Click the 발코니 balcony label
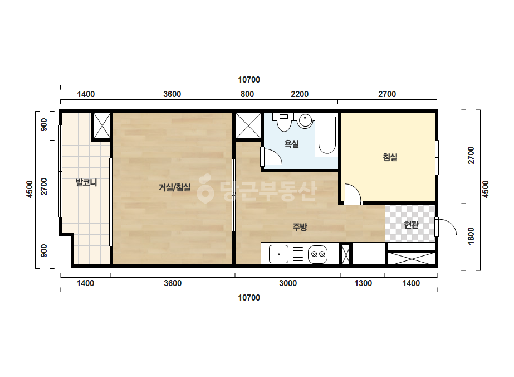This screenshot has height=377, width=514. tap(86, 182)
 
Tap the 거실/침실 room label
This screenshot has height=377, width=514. tap(174, 187)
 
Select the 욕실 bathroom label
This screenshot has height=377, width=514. tap(291, 143)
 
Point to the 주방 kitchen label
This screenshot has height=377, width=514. tap(300, 226)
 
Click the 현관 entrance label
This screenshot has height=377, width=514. tap(411, 225)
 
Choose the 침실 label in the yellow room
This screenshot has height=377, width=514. tap(390, 157)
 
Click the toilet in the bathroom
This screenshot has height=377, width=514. tap(283, 122)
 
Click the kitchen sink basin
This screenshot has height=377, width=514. tap(278, 254)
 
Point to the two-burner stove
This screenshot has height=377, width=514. tap(317, 254)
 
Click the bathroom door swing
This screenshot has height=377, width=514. tap(271, 157)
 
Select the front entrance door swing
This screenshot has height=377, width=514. tap(446, 226)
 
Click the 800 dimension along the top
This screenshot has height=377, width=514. tap(247, 94)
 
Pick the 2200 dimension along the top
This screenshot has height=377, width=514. tap(300, 94)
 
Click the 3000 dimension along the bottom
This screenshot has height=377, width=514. tap(288, 283)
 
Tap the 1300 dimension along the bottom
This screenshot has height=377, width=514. tap(363, 283)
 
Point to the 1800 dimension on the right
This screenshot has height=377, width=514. tap(471, 236)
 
